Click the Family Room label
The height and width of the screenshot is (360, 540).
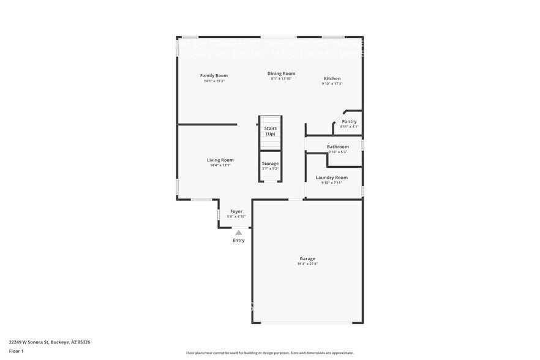(214, 75)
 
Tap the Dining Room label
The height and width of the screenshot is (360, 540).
(281, 73)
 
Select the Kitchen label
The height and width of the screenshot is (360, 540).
(332, 78)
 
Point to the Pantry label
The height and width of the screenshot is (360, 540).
(349, 121)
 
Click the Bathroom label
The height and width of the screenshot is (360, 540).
(337, 146)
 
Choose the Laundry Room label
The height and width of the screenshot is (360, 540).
(331, 177)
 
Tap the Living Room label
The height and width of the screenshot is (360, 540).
(220, 160)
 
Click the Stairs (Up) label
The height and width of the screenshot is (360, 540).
(270, 131)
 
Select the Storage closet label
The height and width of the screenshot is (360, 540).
(270, 163)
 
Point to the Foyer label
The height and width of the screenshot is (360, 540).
(236, 211)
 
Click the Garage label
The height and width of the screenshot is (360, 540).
(307, 258)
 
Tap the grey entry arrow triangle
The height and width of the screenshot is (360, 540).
(238, 232)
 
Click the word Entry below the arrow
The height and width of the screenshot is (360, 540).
(238, 240)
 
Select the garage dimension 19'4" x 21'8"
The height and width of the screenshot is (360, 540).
(307, 264)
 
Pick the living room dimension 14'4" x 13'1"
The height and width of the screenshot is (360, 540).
(220, 165)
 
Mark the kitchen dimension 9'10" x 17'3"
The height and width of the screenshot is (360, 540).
(332, 84)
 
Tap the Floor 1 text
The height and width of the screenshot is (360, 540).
(16, 351)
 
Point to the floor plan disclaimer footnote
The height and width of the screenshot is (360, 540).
(269, 353)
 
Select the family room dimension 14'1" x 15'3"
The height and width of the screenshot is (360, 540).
(214, 81)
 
